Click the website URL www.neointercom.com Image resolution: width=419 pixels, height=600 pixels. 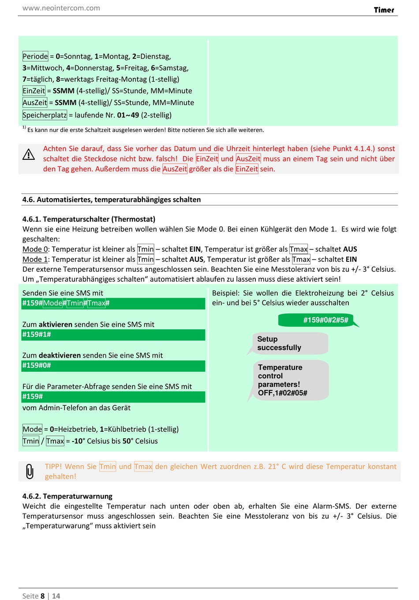[x=61, y=8]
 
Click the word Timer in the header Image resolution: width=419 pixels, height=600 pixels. [x=384, y=10]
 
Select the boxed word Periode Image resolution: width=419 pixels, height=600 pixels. [x=35, y=56]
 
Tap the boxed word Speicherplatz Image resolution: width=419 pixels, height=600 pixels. [x=45, y=115]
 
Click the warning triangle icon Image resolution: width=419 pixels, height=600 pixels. [x=29, y=154]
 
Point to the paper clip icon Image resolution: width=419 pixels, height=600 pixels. [x=30, y=471]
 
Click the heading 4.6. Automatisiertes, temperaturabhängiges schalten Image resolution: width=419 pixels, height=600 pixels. [x=112, y=200]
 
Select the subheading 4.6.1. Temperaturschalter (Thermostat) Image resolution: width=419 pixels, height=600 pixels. [x=89, y=219]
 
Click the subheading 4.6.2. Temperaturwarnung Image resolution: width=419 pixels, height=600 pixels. [x=67, y=496]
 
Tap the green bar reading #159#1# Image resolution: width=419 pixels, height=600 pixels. [x=113, y=335]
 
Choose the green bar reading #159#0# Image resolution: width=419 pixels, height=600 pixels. [x=113, y=366]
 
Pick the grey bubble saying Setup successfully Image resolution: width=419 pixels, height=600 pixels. [x=289, y=343]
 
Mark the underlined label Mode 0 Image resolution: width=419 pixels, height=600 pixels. [x=35, y=249]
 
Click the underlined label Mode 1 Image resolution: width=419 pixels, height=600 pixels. [x=35, y=259]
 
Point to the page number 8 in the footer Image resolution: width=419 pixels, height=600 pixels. [x=43, y=596]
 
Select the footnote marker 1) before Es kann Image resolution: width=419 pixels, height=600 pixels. [x=24, y=128]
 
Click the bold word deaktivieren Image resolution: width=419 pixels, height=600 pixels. [x=60, y=355]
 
